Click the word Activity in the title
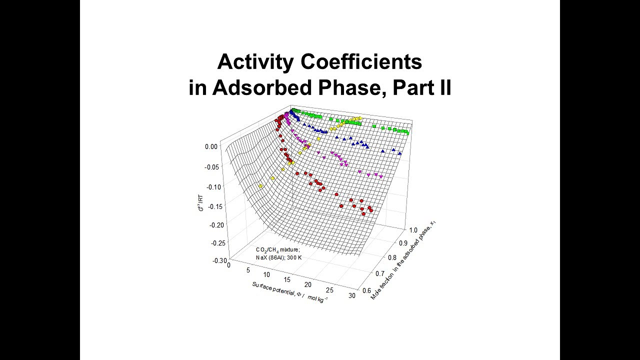(x=255, y=62)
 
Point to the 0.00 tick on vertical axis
(x=211, y=147)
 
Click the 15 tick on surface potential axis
(x=287, y=279)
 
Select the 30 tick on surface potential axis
(x=352, y=295)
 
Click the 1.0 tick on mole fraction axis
(x=413, y=230)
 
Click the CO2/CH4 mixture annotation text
(x=277, y=249)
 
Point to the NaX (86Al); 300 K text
(x=278, y=257)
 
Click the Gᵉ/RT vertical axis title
(x=200, y=201)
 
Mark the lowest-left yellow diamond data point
(x=260, y=186)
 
